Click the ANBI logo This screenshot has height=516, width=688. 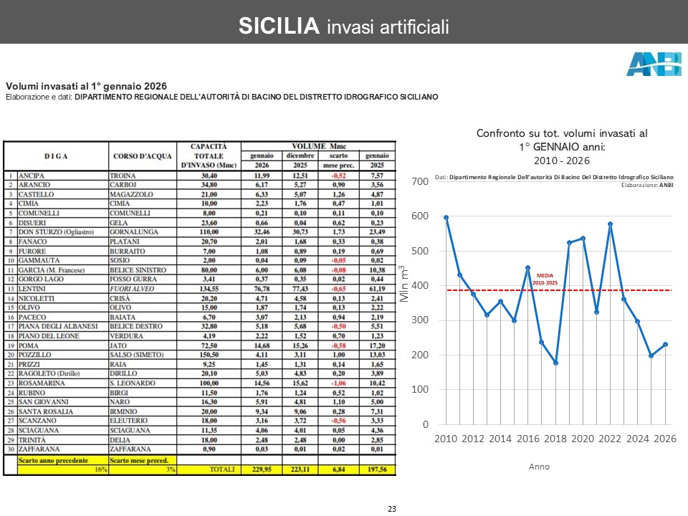coord(654,64)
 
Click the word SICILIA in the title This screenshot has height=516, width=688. coord(278,27)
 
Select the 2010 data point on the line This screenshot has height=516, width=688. coord(446,217)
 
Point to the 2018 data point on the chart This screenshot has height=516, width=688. coord(555,363)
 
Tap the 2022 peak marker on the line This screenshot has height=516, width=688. coord(610,224)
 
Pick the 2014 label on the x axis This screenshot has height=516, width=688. coord(501,439)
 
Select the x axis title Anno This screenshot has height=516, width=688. coord(539,467)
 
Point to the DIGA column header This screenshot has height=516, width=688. coord(56,156)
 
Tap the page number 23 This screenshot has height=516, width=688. coord(392,509)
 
